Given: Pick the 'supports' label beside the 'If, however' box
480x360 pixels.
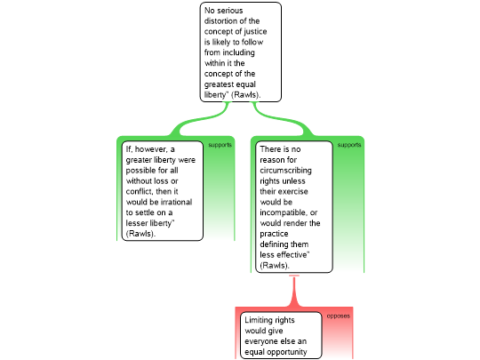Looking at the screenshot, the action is [220, 145].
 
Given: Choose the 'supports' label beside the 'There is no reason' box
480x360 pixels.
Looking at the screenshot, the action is [349, 145].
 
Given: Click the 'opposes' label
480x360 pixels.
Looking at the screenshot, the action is [339, 316].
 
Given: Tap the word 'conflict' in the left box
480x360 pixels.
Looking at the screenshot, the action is [140, 191].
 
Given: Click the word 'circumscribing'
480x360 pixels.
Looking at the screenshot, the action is [285, 171].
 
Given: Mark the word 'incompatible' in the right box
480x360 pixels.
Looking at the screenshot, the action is [284, 212].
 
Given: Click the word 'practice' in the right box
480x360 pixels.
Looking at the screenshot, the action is [274, 234].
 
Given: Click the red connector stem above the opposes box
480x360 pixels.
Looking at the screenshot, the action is [294, 291].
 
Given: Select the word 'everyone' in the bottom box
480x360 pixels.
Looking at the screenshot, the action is [260, 341].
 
